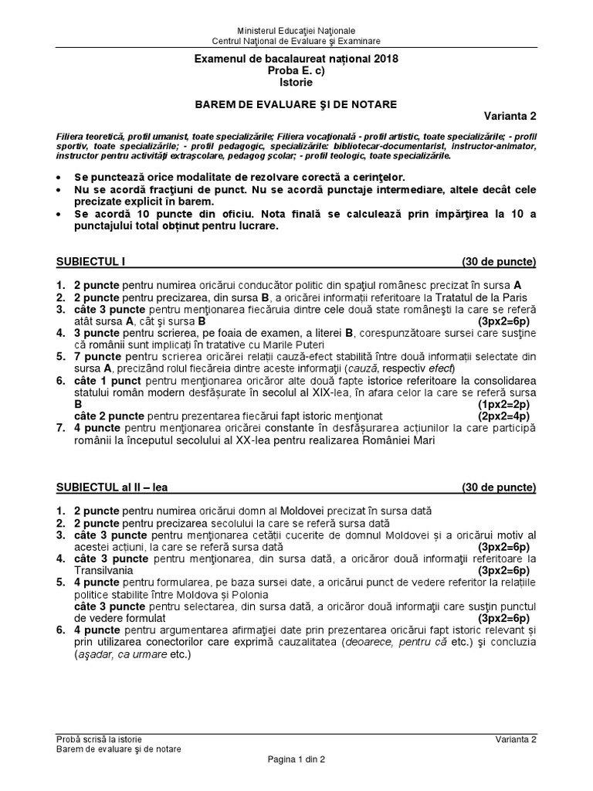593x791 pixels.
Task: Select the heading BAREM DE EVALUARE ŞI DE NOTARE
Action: (x=296, y=103)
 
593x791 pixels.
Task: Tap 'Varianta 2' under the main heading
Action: (x=510, y=117)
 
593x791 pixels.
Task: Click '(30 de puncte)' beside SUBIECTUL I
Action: (x=498, y=260)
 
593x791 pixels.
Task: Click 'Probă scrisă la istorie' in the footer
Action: (x=98, y=739)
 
